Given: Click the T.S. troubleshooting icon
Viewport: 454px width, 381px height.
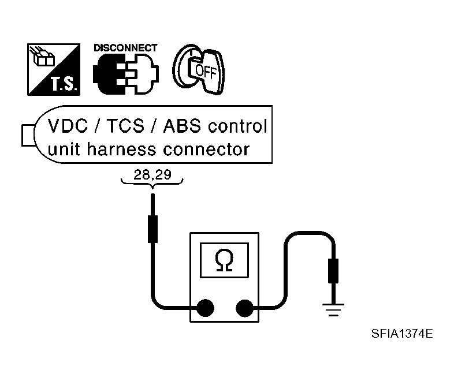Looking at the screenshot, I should coord(54,69).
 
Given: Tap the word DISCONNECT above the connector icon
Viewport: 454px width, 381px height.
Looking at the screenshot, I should coord(125,48).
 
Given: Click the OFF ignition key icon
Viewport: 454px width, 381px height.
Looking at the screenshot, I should coord(199,69).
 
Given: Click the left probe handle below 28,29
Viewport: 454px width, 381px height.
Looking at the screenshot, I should coord(152,229).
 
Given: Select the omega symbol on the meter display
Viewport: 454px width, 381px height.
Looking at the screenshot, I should coord(224,261).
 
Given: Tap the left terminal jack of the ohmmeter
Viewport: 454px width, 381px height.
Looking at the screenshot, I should coord(206,309).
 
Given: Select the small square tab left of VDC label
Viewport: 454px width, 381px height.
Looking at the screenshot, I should coord(27,135).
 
